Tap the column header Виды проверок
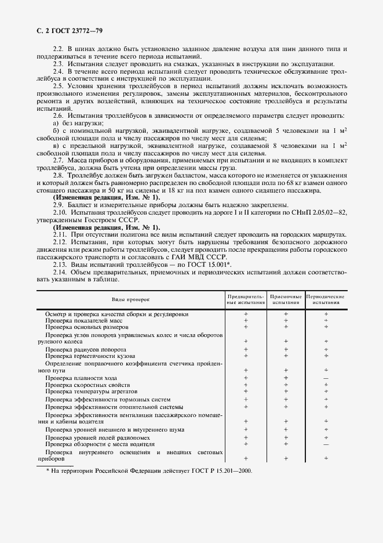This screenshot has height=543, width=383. click(130, 299)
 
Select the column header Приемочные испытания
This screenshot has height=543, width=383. click(286, 299)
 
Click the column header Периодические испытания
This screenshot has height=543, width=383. click(326, 299)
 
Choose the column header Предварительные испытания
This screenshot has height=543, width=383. click(246, 299)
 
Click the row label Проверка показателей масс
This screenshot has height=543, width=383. click(83, 320)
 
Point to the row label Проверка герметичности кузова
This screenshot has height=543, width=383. click(87, 356)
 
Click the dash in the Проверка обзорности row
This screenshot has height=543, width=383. click(326, 444)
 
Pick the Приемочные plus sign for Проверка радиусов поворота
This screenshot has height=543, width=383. click(286, 349)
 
